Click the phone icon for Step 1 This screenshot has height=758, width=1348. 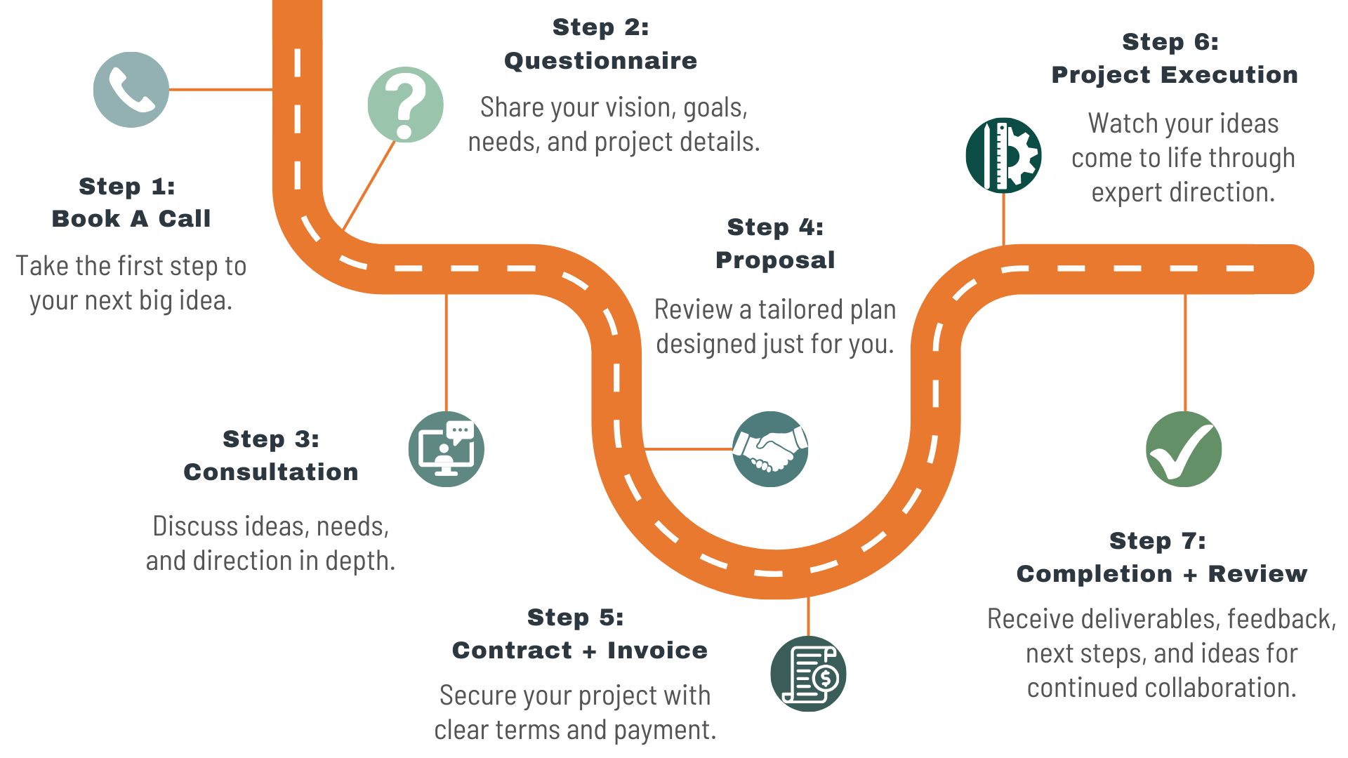point(131,90)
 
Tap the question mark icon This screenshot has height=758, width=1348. point(405,105)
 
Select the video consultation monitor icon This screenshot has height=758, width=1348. point(447,449)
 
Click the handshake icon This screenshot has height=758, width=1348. point(770,449)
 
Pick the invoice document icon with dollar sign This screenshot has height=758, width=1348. point(808,674)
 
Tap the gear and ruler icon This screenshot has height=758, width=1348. point(1003,155)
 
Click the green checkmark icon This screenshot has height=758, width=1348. point(1184,449)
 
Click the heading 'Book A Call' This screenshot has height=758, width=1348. point(131,219)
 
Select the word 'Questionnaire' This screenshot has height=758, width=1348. point(601,61)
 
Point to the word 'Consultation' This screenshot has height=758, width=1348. point(271,472)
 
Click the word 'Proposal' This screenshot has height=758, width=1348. point(775,260)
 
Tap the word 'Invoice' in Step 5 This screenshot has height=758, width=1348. point(657,651)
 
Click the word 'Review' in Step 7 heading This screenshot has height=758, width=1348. point(1257,574)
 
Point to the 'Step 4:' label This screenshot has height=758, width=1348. point(775,227)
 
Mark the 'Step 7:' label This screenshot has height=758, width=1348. point(1158,541)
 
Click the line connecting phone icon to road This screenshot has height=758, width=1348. point(220,90)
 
